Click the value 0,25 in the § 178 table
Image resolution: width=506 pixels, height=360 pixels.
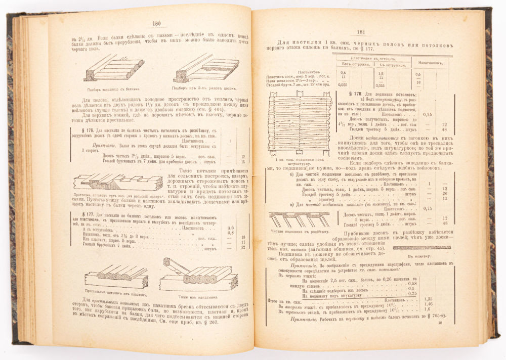[429, 115]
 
